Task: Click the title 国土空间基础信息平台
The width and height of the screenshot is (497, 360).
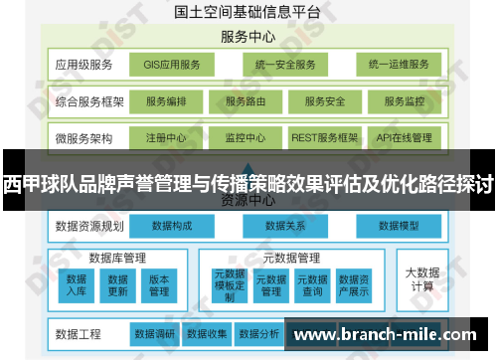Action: click(248, 14)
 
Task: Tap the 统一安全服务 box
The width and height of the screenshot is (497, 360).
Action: click(284, 66)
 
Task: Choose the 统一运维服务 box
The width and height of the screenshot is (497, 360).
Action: click(398, 66)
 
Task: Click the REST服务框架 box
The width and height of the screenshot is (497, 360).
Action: click(325, 137)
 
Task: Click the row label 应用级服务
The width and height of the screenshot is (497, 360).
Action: click(84, 66)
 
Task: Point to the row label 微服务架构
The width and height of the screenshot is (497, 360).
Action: click(84, 137)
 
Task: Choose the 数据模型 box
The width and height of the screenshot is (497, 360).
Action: click(401, 226)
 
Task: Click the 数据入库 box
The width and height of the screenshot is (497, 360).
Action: click(77, 284)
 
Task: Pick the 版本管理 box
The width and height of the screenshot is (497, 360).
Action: click(159, 284)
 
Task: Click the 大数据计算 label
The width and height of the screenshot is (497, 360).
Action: click(421, 278)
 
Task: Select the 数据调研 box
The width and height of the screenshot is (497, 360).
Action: click(155, 333)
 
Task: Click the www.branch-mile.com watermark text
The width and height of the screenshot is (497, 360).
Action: click(391, 335)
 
